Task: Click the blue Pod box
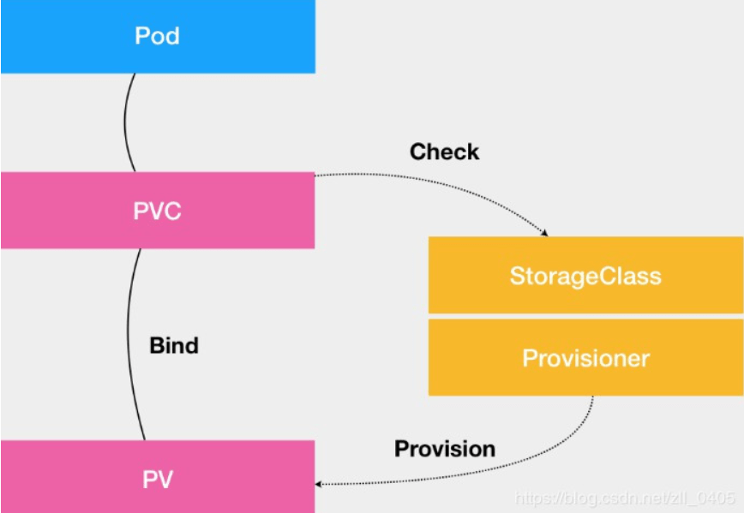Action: coord(158,36)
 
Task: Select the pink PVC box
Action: coord(158,211)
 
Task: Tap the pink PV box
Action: coord(158,478)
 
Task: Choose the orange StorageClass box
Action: coord(585,276)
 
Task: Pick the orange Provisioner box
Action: coord(585,357)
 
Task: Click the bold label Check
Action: coord(444,152)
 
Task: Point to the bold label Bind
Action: coord(174,345)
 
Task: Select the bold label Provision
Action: coord(444,449)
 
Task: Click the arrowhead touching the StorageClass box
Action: coord(543,232)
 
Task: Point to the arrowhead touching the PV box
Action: coord(320,484)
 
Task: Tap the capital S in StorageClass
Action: coord(517,276)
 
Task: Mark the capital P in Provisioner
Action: coord(530,357)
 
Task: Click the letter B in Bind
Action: coord(156,345)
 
